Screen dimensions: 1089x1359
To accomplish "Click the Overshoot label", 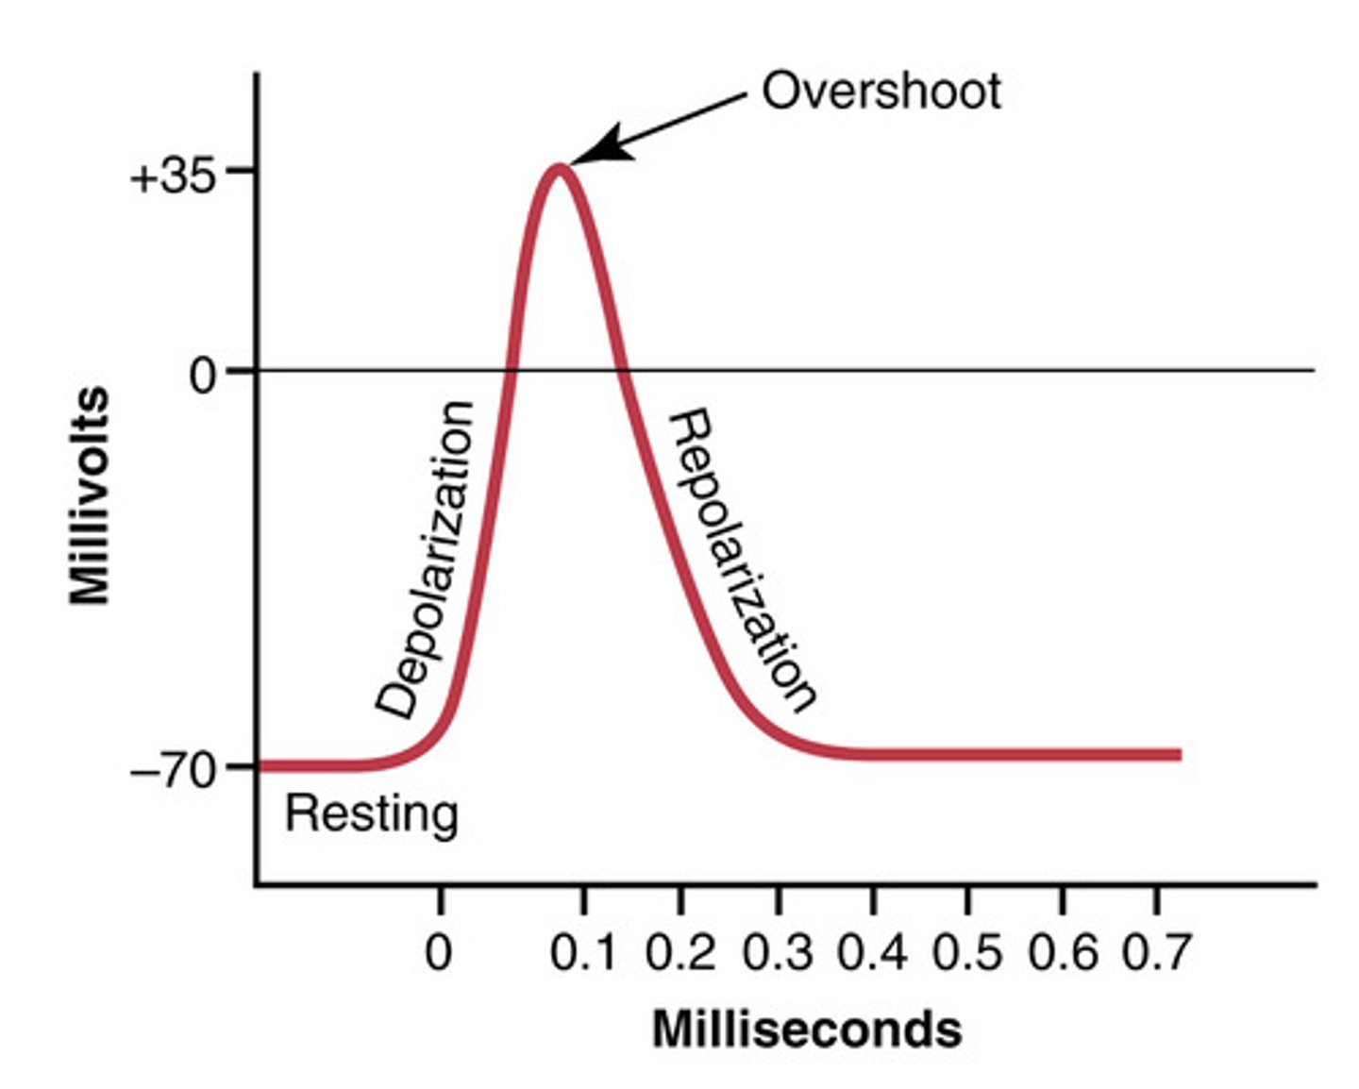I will [x=881, y=92].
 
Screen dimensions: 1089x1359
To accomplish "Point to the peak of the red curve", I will [x=560, y=170].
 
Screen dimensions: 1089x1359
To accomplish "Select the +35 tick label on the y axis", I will [x=173, y=176].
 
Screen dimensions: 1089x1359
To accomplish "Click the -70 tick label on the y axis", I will [x=174, y=771].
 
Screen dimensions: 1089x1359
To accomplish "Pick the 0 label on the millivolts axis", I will [x=202, y=376].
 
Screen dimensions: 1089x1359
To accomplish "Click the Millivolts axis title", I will [x=91, y=495].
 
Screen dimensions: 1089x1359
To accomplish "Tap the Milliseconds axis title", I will [x=807, y=1029].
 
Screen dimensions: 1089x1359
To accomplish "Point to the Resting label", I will [x=372, y=813].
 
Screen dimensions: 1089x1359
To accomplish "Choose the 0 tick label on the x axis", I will [x=438, y=952].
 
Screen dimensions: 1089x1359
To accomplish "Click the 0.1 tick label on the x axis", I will [x=582, y=952].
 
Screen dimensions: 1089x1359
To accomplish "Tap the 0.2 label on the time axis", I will [x=679, y=952].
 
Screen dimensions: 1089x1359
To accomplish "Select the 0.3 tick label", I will [x=777, y=952].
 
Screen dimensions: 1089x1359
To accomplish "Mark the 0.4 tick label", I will [x=872, y=952].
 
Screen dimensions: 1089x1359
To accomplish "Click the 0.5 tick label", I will [x=967, y=952].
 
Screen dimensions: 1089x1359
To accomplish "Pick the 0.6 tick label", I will [x=1063, y=952].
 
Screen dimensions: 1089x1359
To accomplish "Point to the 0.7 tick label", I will [x=1156, y=952].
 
